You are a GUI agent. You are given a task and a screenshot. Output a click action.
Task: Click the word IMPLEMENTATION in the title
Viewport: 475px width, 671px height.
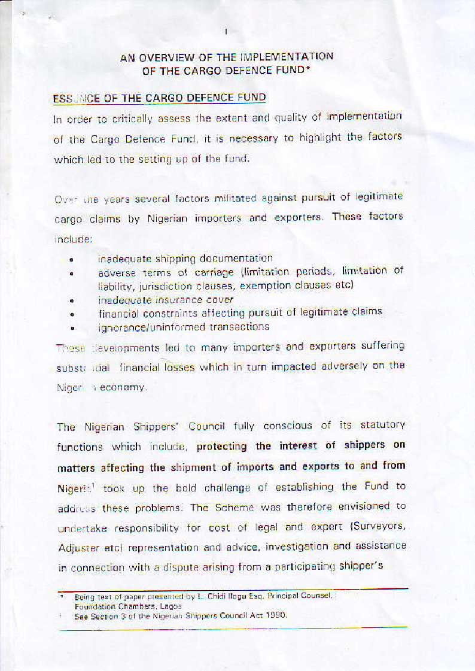click(x=286, y=57)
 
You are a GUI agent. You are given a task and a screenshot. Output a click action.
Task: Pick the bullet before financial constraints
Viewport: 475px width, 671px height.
click(x=71, y=313)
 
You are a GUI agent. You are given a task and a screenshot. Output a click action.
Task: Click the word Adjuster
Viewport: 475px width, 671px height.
click(x=77, y=548)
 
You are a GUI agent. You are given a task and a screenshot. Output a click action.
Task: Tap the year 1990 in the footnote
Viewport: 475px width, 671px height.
click(x=277, y=615)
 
